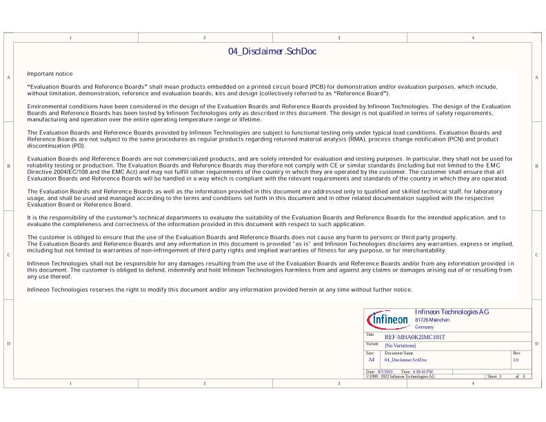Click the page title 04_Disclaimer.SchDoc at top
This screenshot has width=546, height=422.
tap(272, 52)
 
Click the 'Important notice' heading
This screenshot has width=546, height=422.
tap(50, 73)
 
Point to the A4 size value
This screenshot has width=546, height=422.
tap(371, 360)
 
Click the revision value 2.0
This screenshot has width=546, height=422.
tap(516, 360)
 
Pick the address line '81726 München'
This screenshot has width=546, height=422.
tap(432, 321)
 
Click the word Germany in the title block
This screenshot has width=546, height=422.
tap(425, 327)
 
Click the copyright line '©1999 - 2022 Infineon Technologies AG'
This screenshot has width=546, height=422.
tap(400, 376)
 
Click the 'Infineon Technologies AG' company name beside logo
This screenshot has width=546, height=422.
tap(452, 312)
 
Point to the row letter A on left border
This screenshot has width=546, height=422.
tap(8, 78)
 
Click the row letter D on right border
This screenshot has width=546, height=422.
tap(537, 343)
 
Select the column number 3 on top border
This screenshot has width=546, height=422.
tap(338, 37)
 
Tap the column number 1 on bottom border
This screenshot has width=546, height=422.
tap(70, 383)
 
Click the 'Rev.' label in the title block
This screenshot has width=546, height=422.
tap(517, 353)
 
